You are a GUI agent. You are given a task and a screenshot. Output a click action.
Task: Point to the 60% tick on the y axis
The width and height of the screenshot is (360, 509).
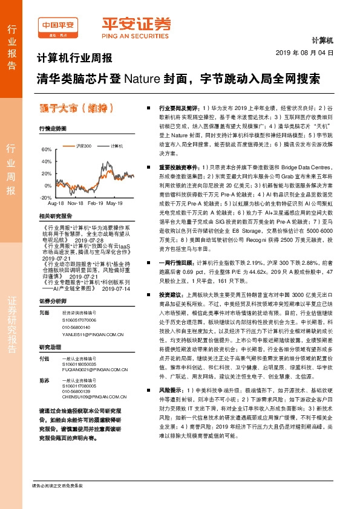pyautogui.click(x=46, y=149)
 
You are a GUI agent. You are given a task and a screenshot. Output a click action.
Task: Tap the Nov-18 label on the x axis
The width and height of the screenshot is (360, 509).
pyautogui.click(x=76, y=204)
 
